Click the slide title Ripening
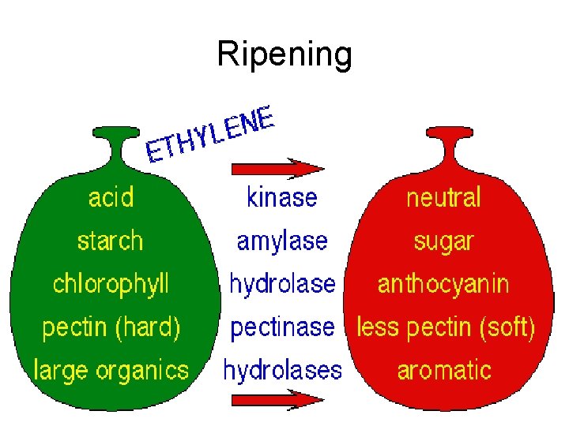click(x=284, y=54)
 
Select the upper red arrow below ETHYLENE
click(x=277, y=168)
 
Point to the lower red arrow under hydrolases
click(x=277, y=400)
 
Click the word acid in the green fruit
click(x=111, y=196)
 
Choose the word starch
click(x=111, y=240)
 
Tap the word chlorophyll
click(x=111, y=283)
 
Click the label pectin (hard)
click(x=111, y=327)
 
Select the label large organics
click(x=111, y=369)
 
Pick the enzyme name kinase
click(x=282, y=196)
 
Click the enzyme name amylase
click(x=282, y=240)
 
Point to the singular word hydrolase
click(x=282, y=283)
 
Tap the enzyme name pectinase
click(x=282, y=327)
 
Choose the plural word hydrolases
click(x=282, y=369)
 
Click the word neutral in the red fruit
click(x=443, y=196)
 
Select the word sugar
click(x=443, y=240)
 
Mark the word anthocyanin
click(x=443, y=283)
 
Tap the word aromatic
click(x=444, y=369)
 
